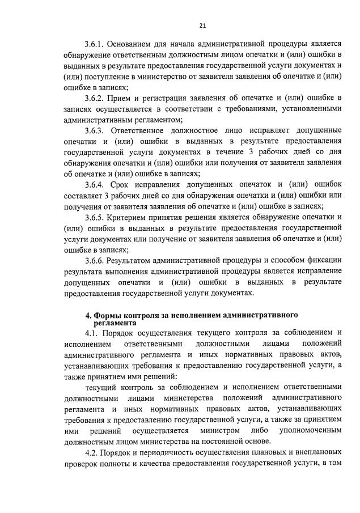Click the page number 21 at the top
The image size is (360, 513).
tap(202, 25)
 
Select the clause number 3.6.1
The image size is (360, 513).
tap(95, 44)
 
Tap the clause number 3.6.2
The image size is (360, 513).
tap(95, 99)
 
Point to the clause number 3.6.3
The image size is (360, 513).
tap(95, 131)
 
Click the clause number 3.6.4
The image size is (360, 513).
tap(95, 185)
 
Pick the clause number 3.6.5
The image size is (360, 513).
tap(95, 217)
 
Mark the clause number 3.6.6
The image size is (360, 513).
tap(95, 261)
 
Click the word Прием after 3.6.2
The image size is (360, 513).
tap(121, 99)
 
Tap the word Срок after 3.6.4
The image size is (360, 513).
tap(118, 185)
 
